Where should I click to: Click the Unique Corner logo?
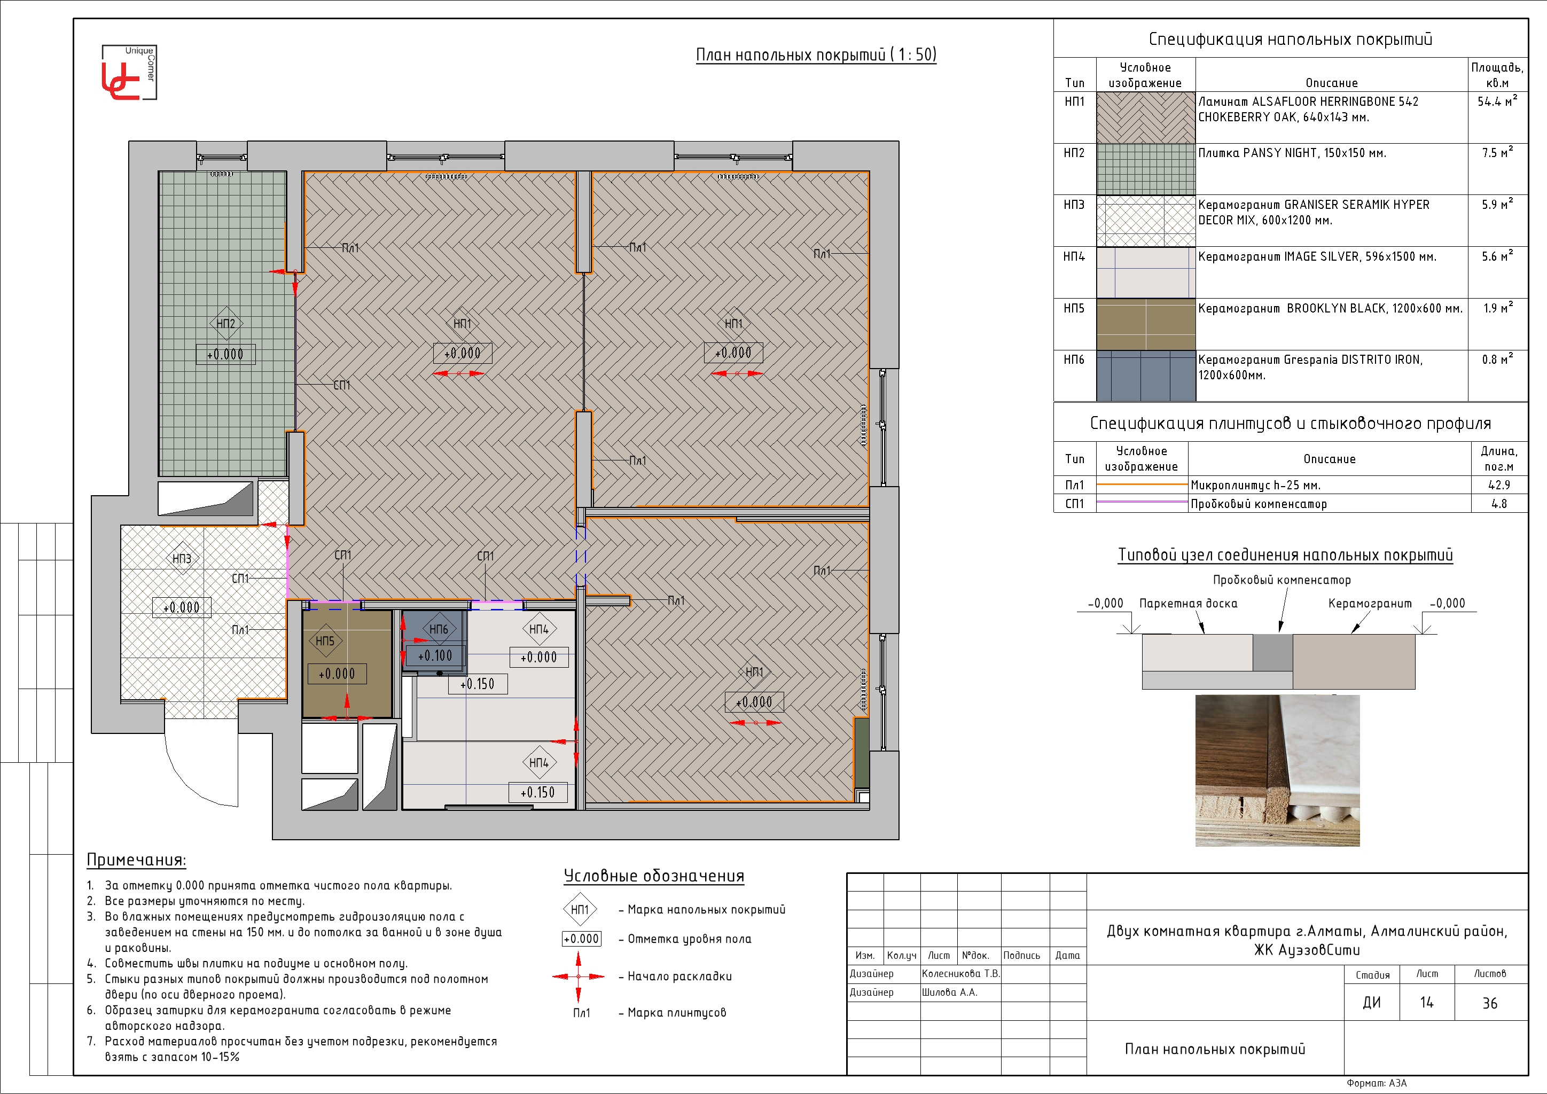[129, 73]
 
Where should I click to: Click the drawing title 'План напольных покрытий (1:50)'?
[816, 54]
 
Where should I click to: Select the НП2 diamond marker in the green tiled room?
[226, 323]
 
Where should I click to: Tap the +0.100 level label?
[435, 655]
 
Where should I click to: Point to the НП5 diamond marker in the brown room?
[325, 640]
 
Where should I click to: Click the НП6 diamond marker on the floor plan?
[439, 629]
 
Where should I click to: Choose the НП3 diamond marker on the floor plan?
[182, 558]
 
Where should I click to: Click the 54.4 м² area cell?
[1497, 101]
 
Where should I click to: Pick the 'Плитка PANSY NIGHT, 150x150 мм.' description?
[1292, 153]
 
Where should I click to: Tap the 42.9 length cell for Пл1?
[1498, 485]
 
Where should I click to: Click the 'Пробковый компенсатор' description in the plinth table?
[1259, 504]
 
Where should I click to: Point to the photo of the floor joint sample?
[1277, 771]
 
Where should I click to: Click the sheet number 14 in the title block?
[1426, 1002]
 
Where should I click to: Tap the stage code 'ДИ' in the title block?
[1372, 1002]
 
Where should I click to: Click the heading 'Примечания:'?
[136, 859]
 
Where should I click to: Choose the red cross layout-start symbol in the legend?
[578, 976]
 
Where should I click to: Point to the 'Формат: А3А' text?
[1377, 1083]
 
